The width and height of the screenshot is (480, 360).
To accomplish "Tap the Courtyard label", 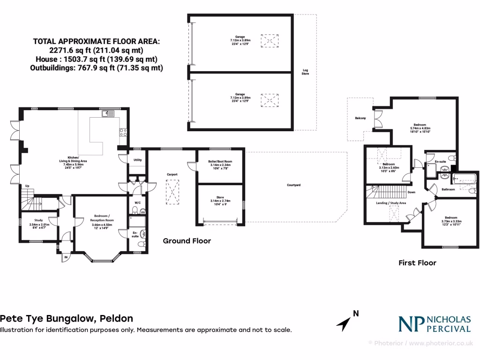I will [x=293, y=185].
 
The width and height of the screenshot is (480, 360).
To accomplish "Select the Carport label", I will [x=172, y=174].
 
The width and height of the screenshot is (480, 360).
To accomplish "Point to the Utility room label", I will [x=137, y=160].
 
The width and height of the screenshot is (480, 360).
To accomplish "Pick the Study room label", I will [x=38, y=220].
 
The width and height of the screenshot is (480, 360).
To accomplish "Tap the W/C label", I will [x=137, y=203].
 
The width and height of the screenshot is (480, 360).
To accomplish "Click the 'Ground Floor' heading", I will [x=187, y=241].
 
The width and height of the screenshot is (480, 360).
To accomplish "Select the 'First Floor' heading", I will [x=417, y=263].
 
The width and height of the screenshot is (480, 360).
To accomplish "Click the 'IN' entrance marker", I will [x=66, y=257].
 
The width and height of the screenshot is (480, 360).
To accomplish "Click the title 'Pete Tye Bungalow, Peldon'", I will [x=67, y=318].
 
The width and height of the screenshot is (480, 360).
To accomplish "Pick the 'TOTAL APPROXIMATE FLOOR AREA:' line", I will [x=96, y=41].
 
